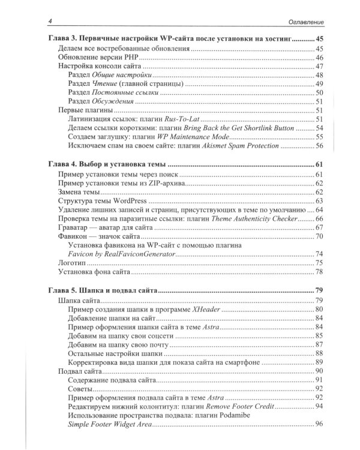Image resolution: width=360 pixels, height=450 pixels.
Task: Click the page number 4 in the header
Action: (x=49, y=22)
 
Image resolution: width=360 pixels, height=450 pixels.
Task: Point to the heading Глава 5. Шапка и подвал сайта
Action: (x=101, y=290)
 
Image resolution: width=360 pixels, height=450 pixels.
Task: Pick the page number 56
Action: (x=319, y=146)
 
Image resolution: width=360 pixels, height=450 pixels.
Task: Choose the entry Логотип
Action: (x=74, y=263)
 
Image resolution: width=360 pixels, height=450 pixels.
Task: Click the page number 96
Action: (x=319, y=425)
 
